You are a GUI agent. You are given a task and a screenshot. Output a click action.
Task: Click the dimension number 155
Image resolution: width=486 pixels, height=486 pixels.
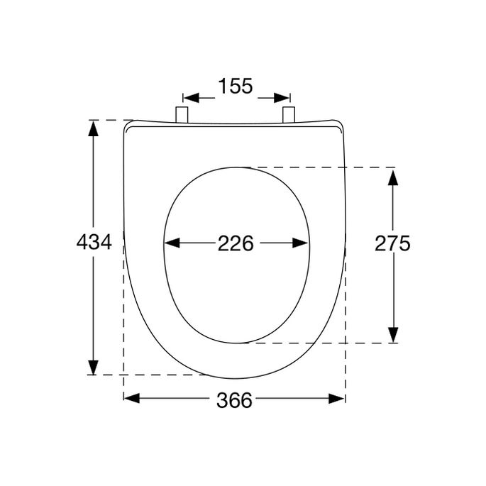click(235, 87)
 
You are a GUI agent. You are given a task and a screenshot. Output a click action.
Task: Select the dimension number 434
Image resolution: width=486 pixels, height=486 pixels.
click(93, 243)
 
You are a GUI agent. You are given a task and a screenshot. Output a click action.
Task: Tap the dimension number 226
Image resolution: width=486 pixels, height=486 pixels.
click(235, 243)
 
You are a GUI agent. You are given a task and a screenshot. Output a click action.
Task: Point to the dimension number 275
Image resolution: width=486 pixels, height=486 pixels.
click(392, 243)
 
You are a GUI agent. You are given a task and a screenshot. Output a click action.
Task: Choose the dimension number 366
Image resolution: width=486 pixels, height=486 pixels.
click(234, 401)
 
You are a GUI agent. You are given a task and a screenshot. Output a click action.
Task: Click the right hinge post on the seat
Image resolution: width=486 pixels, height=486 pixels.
click(288, 115)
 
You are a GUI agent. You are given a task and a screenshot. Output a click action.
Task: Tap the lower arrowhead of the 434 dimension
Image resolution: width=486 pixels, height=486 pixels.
click(93, 367)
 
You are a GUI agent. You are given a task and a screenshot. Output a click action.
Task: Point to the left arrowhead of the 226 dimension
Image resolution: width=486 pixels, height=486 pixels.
click(171, 243)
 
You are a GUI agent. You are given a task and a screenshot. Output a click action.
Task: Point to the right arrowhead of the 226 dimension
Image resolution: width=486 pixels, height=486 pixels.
click(301, 243)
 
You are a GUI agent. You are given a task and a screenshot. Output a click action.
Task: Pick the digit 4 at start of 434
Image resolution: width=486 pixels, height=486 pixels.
click(82, 243)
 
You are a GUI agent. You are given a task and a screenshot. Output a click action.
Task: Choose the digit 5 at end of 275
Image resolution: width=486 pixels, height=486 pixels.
click(404, 243)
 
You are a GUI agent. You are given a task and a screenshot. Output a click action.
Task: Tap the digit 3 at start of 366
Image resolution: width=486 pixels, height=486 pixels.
click(222, 401)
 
